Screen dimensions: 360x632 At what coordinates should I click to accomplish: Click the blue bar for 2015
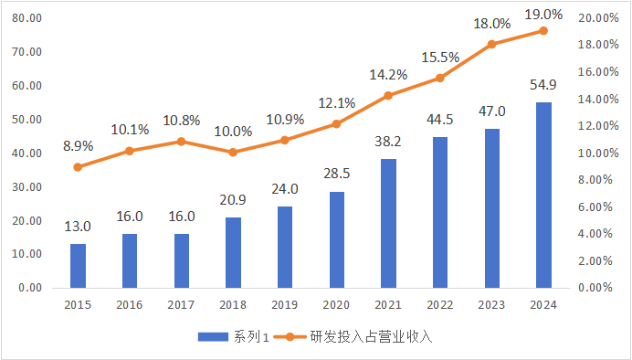point(78,265)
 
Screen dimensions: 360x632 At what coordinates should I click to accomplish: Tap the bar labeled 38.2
point(388,223)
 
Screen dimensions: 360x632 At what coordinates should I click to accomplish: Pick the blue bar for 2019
point(285,247)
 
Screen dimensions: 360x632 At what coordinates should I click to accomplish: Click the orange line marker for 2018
point(233,152)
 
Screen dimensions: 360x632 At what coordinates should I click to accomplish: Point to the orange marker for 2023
point(491,44)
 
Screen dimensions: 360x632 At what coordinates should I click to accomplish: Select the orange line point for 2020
point(336,123)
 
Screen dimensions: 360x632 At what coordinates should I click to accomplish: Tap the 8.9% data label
point(78,145)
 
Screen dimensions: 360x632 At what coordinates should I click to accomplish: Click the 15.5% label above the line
point(440,58)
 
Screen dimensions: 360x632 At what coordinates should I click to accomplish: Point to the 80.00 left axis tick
point(28,18)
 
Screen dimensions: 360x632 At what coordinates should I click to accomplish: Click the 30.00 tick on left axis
point(28,186)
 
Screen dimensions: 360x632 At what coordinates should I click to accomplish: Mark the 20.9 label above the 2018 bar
point(233,199)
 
